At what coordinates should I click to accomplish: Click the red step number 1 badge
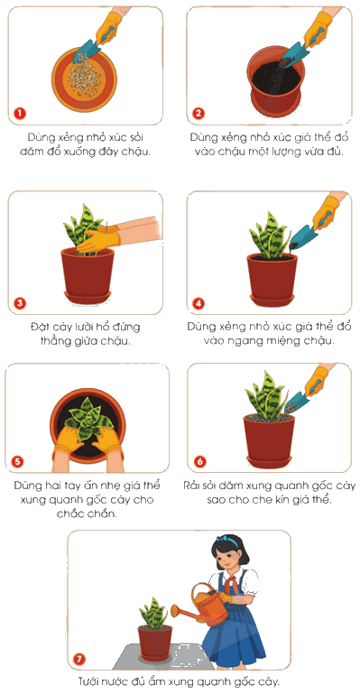20,113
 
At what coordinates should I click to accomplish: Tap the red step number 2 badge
198,113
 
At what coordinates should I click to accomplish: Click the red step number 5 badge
17,462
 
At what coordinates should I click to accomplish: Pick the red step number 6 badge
200,462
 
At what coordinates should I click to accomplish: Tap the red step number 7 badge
79,659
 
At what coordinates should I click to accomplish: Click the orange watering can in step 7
202,605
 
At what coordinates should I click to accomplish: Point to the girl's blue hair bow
228,540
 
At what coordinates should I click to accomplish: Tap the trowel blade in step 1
88,51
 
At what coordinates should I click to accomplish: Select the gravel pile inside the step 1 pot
84,78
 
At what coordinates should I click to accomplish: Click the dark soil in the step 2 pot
276,78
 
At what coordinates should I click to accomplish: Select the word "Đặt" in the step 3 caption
40,327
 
